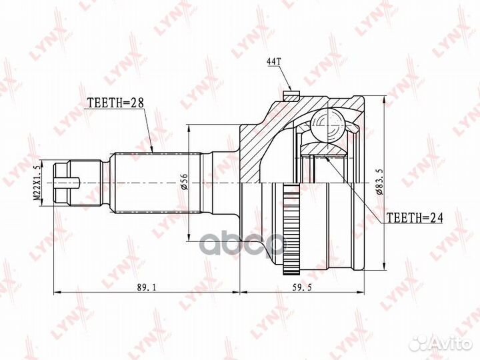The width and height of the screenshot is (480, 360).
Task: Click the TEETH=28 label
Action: click(x=115, y=103)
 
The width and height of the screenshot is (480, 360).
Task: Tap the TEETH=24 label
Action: click(x=415, y=217)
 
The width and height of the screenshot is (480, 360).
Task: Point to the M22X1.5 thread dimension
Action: click(x=37, y=183)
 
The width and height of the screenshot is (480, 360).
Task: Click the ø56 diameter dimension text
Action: click(x=184, y=181)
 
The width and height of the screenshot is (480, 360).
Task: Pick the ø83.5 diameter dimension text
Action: click(x=380, y=181)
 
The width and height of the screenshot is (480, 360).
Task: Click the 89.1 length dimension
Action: click(x=147, y=287)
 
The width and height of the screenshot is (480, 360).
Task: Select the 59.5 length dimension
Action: click(x=302, y=287)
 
